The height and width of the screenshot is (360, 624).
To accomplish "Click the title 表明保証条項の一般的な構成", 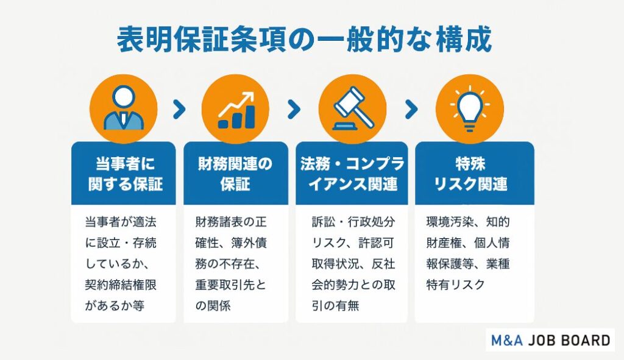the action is (305, 40).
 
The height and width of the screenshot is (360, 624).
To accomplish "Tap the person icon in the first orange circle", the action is (123, 108).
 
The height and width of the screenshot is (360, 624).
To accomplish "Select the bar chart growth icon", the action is (236, 110).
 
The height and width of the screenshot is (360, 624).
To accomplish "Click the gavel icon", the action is (353, 108).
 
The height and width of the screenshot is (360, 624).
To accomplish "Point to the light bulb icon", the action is (470, 107).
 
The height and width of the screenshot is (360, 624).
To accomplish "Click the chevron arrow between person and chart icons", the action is (180, 110).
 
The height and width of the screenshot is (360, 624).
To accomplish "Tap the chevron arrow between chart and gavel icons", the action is (294, 110).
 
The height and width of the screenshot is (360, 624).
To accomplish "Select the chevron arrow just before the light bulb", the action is (411, 110).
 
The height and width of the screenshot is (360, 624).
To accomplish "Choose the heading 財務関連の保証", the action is (235, 174).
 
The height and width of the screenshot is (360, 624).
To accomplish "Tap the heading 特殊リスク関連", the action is (470, 174).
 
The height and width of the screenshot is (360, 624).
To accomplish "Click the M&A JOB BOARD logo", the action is (550, 340).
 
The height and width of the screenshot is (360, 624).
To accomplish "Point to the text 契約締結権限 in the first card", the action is (121, 285).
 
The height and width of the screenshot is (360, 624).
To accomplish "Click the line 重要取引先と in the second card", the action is (231, 285).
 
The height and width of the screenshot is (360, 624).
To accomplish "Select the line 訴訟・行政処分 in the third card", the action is (353, 222).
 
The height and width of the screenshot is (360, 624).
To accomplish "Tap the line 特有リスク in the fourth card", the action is (455, 285).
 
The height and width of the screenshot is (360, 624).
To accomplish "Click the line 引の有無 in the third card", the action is (336, 306).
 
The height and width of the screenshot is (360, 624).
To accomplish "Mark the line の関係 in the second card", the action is (213, 306).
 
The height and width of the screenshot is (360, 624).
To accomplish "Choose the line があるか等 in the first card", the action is (115, 306).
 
